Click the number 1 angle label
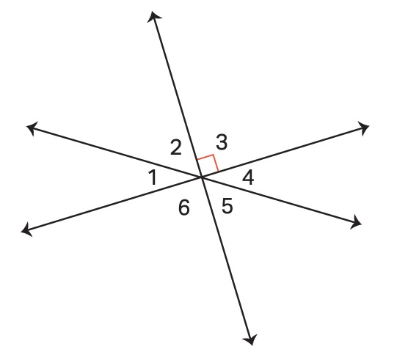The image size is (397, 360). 153,177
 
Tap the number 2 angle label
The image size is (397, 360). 176,147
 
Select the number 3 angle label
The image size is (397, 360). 222,142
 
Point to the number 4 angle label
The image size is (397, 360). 248,178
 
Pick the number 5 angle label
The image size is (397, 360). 227,206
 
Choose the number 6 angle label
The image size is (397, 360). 183,207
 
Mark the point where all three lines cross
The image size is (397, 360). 202,177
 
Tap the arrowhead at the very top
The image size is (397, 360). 153,15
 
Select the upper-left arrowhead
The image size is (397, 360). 32,128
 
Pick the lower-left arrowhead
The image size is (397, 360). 26,230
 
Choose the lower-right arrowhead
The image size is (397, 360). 357,223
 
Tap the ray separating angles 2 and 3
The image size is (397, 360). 178,96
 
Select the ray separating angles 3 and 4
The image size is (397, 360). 283,153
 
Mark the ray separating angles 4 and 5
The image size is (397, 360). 280,200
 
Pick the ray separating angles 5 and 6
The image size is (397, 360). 226,259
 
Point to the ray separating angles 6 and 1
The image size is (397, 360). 114,204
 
